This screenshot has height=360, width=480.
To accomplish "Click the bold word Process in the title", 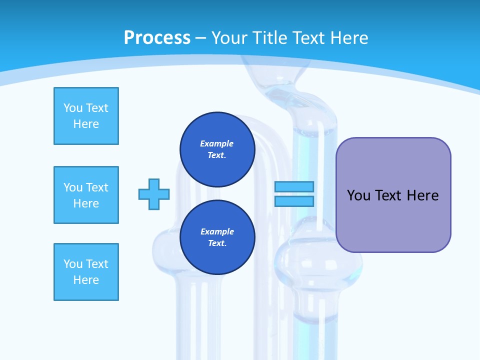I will [157, 37].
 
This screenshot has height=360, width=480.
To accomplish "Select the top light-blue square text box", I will [86, 116].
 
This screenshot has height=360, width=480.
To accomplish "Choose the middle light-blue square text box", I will [86, 195].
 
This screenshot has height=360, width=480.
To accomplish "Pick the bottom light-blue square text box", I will [86, 272].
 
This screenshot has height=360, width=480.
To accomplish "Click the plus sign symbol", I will [154, 194].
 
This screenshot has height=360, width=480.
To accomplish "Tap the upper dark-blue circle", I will [217, 149].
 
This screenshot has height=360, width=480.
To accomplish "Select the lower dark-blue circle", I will [217, 237].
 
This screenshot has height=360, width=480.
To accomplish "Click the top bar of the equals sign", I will [294, 186].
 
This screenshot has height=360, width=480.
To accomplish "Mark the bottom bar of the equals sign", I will [294, 201].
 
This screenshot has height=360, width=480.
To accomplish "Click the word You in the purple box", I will [359, 195].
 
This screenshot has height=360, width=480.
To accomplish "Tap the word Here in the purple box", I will [422, 195].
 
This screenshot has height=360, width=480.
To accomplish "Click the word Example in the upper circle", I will [217, 143].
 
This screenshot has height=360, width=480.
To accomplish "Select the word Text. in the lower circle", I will [217, 243].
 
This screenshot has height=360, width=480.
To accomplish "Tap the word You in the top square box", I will [73, 108].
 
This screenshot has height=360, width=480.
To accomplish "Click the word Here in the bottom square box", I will [86, 280].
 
